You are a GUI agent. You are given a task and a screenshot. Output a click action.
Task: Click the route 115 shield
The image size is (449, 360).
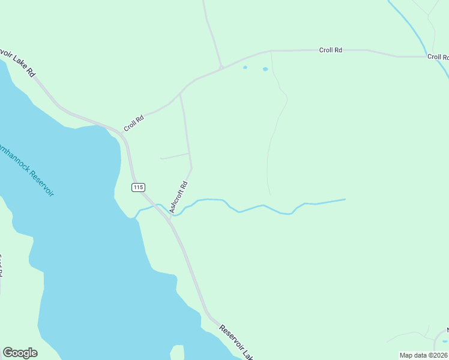tap(138, 188)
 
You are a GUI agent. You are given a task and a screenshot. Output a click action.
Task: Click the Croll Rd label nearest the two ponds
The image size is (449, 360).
tap(331, 50)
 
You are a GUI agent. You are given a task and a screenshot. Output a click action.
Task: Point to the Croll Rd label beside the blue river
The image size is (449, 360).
tap(438, 57)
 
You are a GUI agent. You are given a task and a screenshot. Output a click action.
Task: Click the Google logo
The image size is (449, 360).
tap(20, 353)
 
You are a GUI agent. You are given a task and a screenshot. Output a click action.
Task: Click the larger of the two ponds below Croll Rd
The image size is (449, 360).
tap(265, 69)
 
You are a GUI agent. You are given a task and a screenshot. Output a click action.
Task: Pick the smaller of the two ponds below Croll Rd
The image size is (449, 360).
tap(245, 67)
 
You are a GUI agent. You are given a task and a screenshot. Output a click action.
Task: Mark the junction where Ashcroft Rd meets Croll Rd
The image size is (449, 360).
tap(181, 94)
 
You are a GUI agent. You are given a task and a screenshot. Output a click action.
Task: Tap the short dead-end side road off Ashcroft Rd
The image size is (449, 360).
tap(175, 156)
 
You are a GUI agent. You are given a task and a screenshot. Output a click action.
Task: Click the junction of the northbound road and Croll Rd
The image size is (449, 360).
tap(221, 67)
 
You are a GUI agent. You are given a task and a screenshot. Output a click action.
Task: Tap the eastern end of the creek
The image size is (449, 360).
tap(345, 199)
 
